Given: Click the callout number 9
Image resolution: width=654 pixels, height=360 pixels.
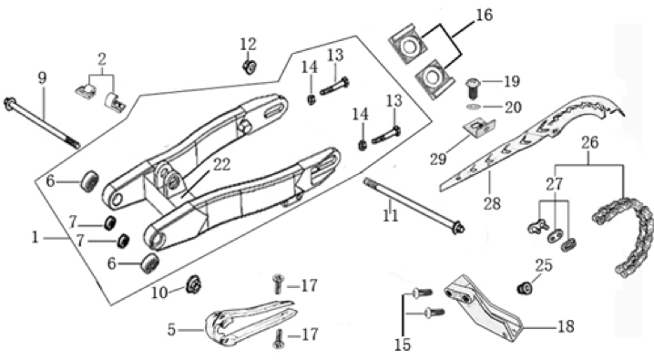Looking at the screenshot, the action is click(x=42, y=78).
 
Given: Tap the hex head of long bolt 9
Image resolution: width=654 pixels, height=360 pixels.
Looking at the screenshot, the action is click(x=9, y=104).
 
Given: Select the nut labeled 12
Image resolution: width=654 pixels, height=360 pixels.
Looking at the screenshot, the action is click(x=249, y=67).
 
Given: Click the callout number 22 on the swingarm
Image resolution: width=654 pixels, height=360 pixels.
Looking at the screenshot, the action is click(x=221, y=165).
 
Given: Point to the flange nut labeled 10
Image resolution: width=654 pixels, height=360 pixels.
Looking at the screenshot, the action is click(x=193, y=285).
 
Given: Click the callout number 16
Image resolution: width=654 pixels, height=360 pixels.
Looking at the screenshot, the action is click(x=484, y=15).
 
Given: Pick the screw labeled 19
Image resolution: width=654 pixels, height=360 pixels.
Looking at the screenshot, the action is click(x=472, y=88).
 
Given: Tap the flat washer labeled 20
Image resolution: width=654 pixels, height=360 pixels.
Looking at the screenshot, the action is click(x=473, y=108).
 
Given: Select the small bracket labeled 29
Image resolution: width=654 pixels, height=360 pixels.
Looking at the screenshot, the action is click(x=480, y=129).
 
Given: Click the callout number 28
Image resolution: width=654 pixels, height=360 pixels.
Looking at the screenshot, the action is click(x=492, y=203).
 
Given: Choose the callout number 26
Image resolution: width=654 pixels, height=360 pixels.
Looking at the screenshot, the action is click(x=589, y=143).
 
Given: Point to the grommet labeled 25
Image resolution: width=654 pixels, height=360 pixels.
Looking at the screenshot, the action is click(x=525, y=288).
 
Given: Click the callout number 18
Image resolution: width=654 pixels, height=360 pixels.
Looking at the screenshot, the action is click(x=566, y=326).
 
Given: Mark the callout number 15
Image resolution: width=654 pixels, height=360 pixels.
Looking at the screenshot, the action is click(x=403, y=345).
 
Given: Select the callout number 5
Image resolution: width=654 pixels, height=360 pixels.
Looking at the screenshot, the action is click(x=171, y=331).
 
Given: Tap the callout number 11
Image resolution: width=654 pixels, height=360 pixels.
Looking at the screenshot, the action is click(x=391, y=216).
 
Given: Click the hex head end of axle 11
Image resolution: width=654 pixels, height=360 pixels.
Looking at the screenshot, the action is click(x=459, y=228).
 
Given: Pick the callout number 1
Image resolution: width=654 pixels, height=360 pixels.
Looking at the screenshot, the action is click(x=35, y=238).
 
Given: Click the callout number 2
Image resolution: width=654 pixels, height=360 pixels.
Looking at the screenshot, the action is click(x=102, y=59).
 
